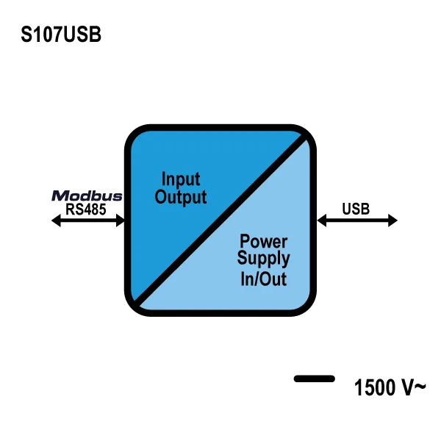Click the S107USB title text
coord(61,35)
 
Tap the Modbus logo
coord(87,196)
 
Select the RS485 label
coord(86,209)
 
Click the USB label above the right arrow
coord(356,209)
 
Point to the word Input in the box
coord(181,179)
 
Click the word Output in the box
coord(181,197)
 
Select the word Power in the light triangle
coord(264,241)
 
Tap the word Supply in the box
coord(264,258)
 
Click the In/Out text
coord(264,279)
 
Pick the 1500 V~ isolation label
coord(390,387)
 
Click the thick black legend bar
coord(315,379)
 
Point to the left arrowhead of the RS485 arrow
coord(56,220)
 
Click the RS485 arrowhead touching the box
coord(121,220)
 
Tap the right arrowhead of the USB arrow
coord(393,220)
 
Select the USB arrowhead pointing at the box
coord(321,220)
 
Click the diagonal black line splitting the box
coord(220,220)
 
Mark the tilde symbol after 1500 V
coord(420,386)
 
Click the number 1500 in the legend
coord(375,387)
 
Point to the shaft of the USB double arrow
coord(357,220)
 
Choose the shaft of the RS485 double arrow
coord(88,220)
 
